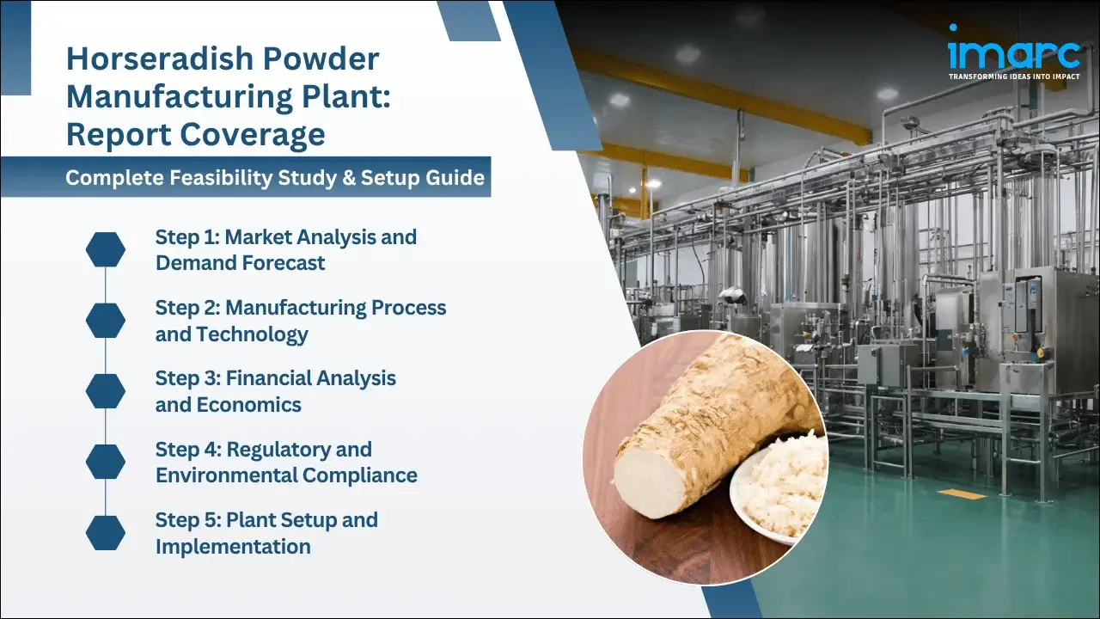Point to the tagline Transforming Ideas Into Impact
pos(1014,77)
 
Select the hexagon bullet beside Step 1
pos(106,249)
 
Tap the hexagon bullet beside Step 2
pos(106,320)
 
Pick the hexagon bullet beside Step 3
pos(106,390)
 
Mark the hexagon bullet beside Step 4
pos(106,462)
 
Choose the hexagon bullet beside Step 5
pos(106,532)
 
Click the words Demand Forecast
pos(241,263)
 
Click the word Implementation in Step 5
pos(233,546)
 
